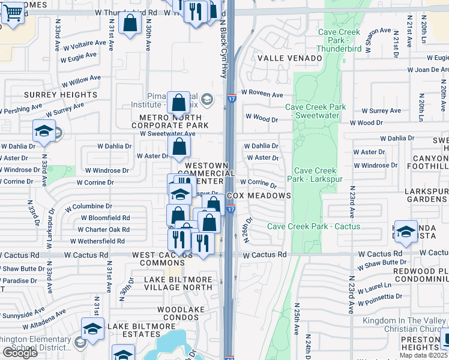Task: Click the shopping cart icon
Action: pyautogui.click(x=13, y=13)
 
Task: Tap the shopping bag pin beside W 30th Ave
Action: pyautogui.click(x=130, y=24)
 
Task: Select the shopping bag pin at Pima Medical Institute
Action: pyautogui.click(x=179, y=103)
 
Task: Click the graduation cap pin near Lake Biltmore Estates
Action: pyautogui.click(x=92, y=329)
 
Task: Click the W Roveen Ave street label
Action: pyautogui.click(x=262, y=95)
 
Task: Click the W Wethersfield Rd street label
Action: pyautogui.click(x=97, y=241)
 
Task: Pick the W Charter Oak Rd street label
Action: pyautogui.click(x=104, y=229)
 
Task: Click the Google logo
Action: pyautogui.click(x=20, y=353)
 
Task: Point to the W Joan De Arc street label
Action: pyautogui.click(x=428, y=70)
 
